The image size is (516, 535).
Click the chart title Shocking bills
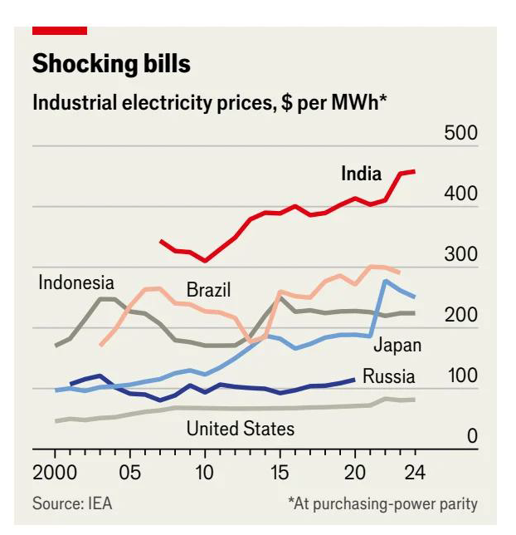(x=111, y=64)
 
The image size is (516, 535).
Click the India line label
(x=362, y=174)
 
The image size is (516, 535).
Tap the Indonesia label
(x=76, y=282)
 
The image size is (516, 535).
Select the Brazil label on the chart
(x=208, y=290)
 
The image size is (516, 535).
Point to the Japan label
(x=397, y=345)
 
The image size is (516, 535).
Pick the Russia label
(x=388, y=376)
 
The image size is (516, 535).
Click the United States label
(x=241, y=429)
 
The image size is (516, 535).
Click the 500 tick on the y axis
(x=461, y=133)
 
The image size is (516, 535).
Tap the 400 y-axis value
(x=461, y=194)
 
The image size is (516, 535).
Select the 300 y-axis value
(x=461, y=254)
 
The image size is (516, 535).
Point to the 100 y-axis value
(x=461, y=375)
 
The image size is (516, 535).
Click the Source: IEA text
(x=72, y=503)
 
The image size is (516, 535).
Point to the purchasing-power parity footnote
(x=382, y=503)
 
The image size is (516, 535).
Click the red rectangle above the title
(x=60, y=31)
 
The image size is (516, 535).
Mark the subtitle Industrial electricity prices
(x=210, y=103)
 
